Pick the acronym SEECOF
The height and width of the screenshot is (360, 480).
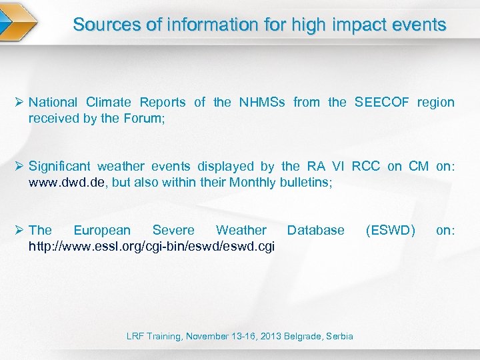[383, 103]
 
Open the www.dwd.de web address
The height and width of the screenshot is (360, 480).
[67, 182]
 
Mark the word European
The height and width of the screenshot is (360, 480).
[102, 231]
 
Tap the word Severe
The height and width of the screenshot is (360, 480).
[173, 231]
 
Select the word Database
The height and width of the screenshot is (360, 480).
[315, 231]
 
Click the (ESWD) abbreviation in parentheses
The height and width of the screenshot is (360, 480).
[390, 231]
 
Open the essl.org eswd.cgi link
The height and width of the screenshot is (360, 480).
[151, 246]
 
